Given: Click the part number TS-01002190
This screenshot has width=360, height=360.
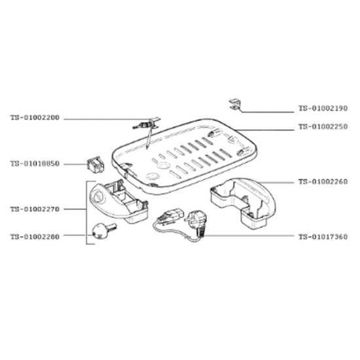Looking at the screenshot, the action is click(x=323, y=108).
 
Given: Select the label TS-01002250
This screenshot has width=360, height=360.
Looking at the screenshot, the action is click(x=323, y=126).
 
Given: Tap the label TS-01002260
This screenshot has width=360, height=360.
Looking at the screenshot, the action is click(x=323, y=181).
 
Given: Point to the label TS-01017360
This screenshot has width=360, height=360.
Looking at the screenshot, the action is click(x=323, y=236).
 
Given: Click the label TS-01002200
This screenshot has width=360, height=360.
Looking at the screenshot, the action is click(x=35, y=118).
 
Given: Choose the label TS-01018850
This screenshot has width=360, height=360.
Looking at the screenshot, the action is click(x=35, y=164).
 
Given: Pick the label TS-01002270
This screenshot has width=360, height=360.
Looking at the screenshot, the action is click(x=35, y=209).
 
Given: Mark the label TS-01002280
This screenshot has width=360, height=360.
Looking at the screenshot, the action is click(x=35, y=236).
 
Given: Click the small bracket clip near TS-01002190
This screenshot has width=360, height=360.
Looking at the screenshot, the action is click(x=234, y=105).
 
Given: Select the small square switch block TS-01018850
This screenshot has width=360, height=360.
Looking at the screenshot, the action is click(x=96, y=164).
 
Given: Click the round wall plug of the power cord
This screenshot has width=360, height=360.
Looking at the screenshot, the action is click(x=197, y=220).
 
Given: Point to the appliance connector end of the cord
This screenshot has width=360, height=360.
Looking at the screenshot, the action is click(x=170, y=217).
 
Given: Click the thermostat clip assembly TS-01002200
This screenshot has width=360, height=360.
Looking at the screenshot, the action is click(x=147, y=124).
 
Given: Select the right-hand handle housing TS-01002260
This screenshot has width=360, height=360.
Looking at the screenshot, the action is click(x=243, y=203).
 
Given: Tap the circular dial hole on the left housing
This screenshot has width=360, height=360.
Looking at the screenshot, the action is click(x=99, y=196).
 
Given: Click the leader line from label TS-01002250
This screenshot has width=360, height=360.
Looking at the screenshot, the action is click(x=264, y=130).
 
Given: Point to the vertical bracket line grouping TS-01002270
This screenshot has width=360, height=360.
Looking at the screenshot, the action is click(x=86, y=213).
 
